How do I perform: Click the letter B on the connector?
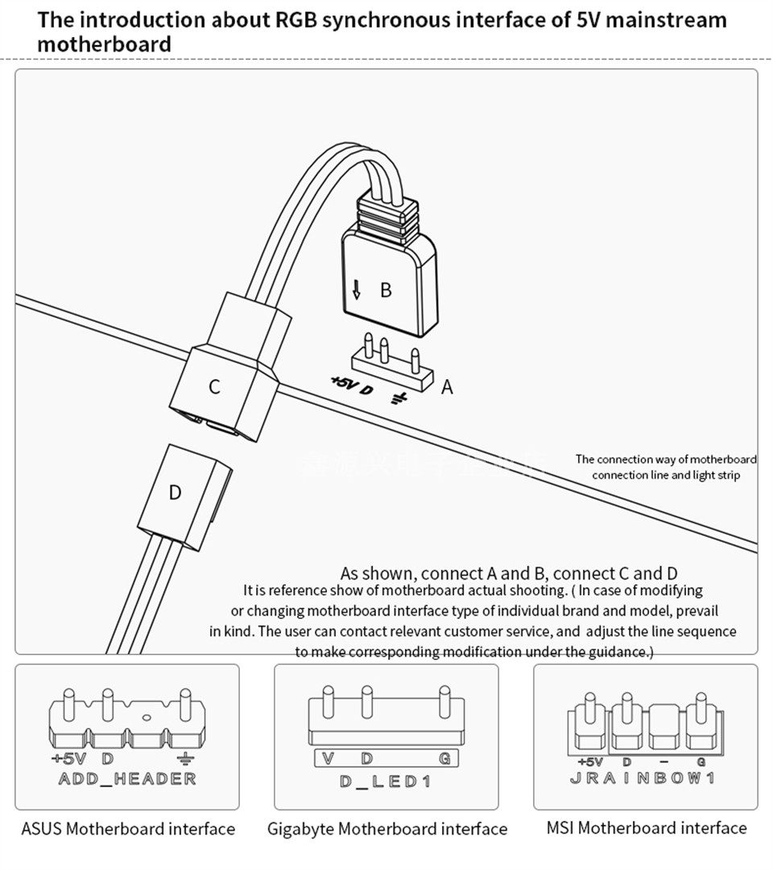click(386, 290)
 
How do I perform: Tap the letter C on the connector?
click(213, 387)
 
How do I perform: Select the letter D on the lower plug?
click(176, 492)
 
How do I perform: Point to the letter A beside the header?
click(448, 388)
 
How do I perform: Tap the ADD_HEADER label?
click(127, 778)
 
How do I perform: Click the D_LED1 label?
click(385, 781)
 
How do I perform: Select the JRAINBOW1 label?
click(642, 778)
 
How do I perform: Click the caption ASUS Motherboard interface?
click(128, 828)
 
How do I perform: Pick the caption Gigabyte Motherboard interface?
click(387, 829)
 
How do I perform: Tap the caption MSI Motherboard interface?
click(646, 827)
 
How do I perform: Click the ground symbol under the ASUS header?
click(186, 759)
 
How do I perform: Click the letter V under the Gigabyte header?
click(327, 758)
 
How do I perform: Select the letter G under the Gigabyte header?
click(444, 758)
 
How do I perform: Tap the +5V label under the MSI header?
click(589, 761)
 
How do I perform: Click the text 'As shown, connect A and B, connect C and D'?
click(508, 573)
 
